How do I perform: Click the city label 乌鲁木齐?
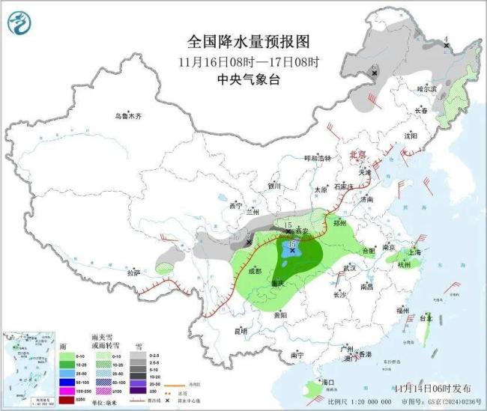[128, 116]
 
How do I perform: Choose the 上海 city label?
[417, 252]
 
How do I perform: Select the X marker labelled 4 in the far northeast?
[447, 46]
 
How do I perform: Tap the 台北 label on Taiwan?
[426, 317]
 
